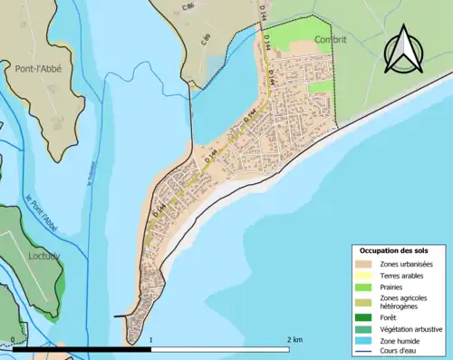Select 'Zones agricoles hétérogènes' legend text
tap(404, 302)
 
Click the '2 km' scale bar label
tap(294, 339)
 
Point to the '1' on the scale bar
tap(150, 339)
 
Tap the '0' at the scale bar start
tap(13, 339)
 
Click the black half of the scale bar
tap(82, 348)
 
